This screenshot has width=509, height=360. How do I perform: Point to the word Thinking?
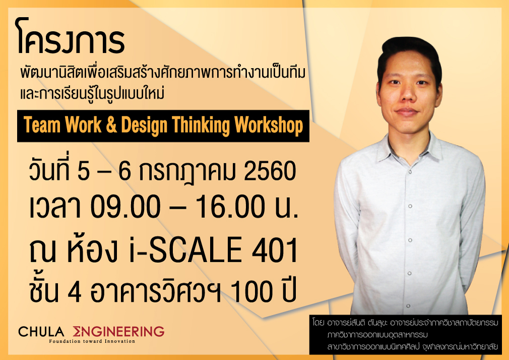point(201,126)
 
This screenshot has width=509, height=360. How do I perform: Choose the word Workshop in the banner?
point(269,126)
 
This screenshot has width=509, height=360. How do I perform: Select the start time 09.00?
point(125,207)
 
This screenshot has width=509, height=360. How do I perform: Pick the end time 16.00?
point(229,207)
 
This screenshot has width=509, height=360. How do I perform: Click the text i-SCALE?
point(185,250)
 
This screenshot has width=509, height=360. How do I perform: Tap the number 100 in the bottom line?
point(250,291)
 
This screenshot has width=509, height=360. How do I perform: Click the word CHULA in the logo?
point(41,332)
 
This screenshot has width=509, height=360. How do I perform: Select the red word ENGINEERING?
point(118,331)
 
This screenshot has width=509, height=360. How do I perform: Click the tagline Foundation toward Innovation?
point(92,341)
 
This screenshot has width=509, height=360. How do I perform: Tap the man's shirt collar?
point(410,148)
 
